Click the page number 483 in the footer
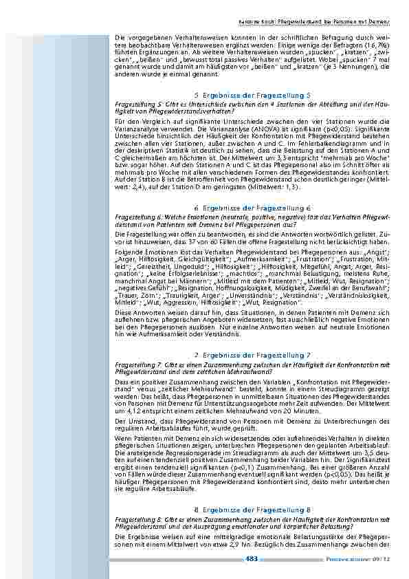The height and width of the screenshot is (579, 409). click(x=252, y=558)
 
